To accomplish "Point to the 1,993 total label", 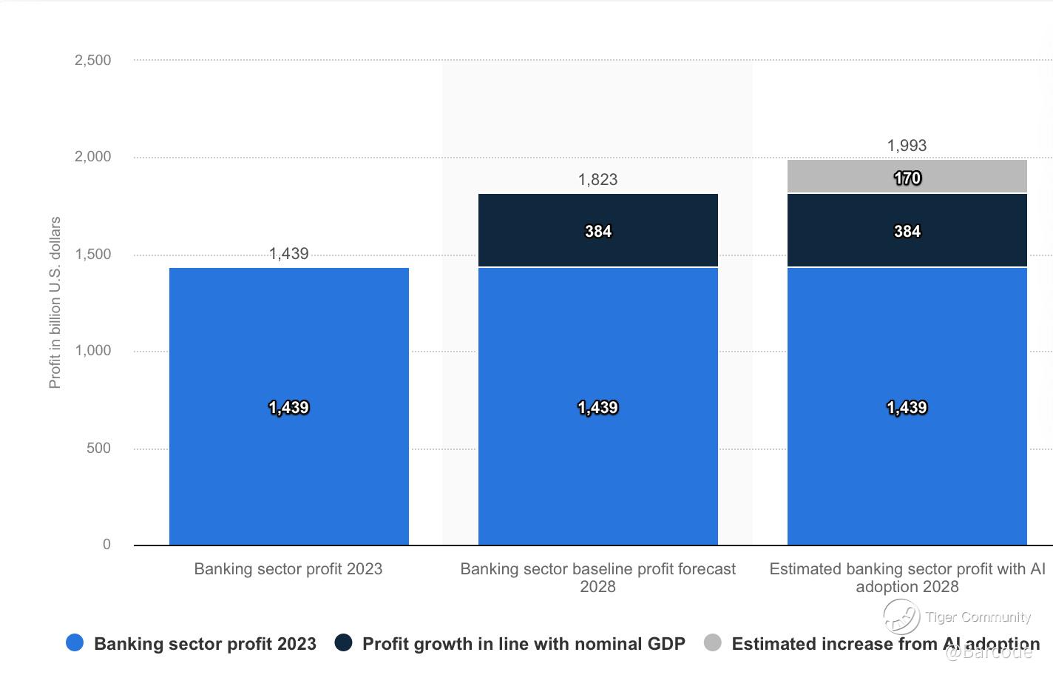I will click(x=907, y=146).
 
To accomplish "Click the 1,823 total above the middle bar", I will click(x=597, y=180).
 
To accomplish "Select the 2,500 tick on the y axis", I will click(x=93, y=61).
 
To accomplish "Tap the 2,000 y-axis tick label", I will click(x=93, y=157).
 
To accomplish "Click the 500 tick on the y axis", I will click(x=98, y=448).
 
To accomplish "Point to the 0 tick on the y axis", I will click(x=106, y=545).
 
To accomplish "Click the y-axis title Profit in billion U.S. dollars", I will click(x=55, y=303).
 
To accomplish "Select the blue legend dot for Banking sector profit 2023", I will click(x=75, y=642).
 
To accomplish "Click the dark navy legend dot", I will click(x=343, y=642).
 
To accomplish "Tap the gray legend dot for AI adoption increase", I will click(x=712, y=642).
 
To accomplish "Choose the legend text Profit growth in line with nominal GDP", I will click(x=524, y=644).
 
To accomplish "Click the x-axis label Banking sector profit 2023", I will click(x=288, y=569).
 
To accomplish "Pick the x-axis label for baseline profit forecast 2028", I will click(x=597, y=577).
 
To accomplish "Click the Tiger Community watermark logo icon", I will click(x=901, y=616).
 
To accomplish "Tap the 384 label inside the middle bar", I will click(x=597, y=232).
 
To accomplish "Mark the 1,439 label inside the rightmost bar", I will click(x=907, y=408).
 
